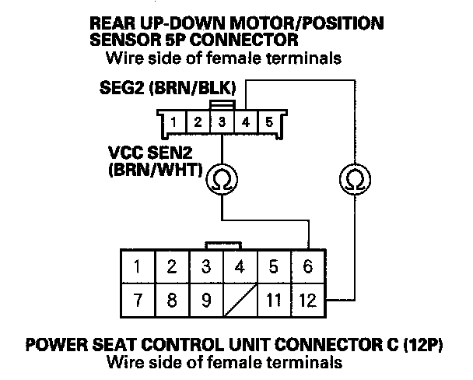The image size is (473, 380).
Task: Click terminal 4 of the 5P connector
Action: point(245,122)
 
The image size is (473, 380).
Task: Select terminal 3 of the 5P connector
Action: point(222,122)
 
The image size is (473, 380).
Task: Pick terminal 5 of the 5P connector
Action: point(268,122)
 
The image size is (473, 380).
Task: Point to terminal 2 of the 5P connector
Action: point(198,122)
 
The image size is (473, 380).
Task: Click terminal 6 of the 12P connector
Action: point(308,267)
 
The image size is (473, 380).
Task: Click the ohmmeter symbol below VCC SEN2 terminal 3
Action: point(222,181)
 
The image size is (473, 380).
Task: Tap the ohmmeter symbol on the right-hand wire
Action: point(354,181)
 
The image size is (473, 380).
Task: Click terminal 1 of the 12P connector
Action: point(137,267)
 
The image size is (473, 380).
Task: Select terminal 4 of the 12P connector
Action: point(240,267)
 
